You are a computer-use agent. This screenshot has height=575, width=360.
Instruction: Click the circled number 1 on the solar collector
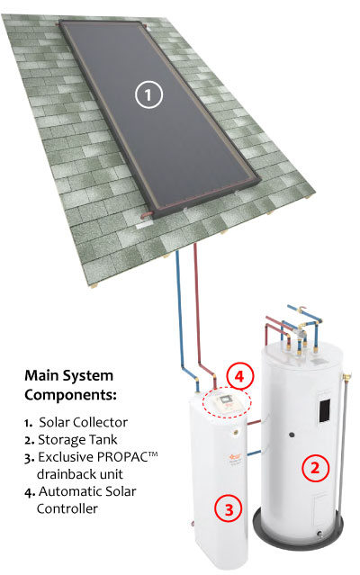[148, 94]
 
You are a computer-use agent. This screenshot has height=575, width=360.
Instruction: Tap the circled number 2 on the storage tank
[315, 468]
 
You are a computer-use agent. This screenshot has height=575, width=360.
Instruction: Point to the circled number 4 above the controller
[239, 377]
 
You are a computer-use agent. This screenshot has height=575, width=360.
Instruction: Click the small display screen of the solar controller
[224, 399]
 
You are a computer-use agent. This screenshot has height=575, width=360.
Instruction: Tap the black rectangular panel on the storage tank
[325, 410]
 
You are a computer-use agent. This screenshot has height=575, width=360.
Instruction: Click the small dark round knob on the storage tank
[292, 435]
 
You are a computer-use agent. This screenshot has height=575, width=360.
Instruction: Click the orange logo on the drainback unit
[232, 457]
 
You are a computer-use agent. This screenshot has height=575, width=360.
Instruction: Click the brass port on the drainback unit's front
[234, 432]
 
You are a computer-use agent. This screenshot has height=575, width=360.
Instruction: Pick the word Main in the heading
[40, 375]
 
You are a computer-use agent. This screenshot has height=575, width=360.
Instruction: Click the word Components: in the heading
[70, 395]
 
